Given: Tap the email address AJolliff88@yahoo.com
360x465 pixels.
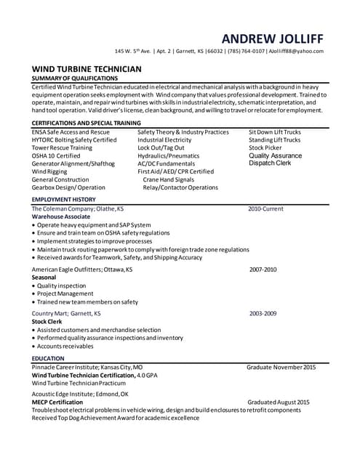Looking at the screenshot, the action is pyautogui.click(x=295, y=51).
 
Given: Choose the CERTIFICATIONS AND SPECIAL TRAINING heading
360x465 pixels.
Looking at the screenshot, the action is pyautogui.click(x=86, y=124).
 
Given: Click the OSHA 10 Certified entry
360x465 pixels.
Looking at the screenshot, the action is pyautogui.click(x=56, y=155).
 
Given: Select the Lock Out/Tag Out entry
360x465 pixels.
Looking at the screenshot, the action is pyautogui.click(x=162, y=147).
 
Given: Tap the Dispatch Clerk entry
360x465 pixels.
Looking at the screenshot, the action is pyautogui.click(x=270, y=163).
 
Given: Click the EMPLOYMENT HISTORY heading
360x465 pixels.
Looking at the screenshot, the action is pyautogui.click(x=63, y=199).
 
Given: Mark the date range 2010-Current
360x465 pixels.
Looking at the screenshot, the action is pyautogui.click(x=265, y=209).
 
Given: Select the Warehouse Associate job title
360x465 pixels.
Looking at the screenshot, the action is pyautogui.click(x=61, y=217).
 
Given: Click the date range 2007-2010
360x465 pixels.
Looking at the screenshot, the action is pyautogui.click(x=263, y=270).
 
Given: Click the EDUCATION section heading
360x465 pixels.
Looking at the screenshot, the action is pyautogui.click(x=48, y=358).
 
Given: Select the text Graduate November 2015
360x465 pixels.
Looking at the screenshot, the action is pyautogui.click(x=281, y=368).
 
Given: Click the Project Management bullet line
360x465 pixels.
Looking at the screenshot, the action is pyautogui.click(x=65, y=294).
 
